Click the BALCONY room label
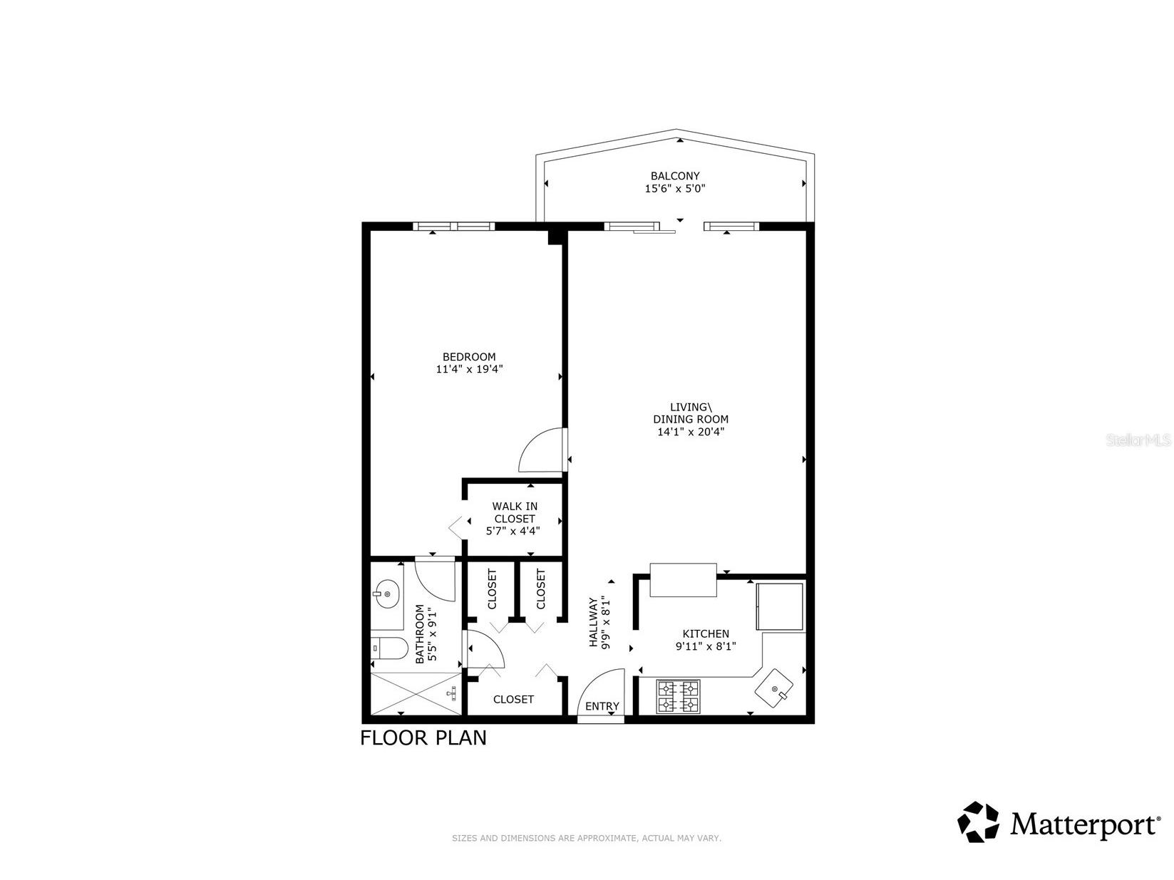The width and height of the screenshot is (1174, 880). tap(675, 175)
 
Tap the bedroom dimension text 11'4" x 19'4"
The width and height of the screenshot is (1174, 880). tap(469, 370)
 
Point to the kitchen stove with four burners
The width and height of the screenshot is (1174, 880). tap(679, 697)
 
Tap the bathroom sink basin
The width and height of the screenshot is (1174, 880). tap(386, 593)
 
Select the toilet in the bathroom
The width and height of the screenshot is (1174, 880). tap(389, 648)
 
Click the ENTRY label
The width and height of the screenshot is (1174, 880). tap(602, 706)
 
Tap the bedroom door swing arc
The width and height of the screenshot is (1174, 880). tap(542, 450)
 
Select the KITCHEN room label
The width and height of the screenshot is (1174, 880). tap(706, 633)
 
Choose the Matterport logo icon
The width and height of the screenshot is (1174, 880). tap(979, 822)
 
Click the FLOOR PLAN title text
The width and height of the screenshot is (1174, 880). tap(423, 737)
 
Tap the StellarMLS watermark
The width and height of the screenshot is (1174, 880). tap(1138, 440)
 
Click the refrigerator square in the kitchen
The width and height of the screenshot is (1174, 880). tap(780, 606)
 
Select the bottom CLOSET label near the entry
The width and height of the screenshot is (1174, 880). tap(513, 699)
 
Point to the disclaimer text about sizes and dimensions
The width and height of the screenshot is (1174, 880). tap(587, 839)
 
